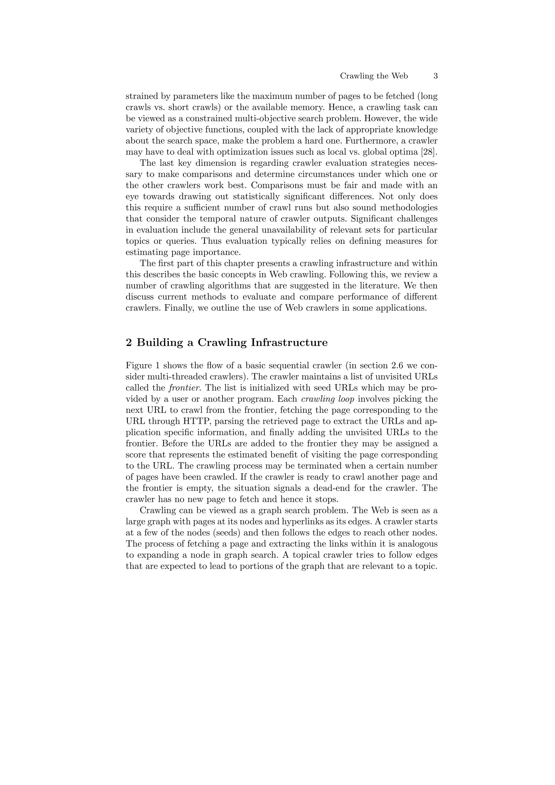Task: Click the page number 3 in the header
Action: pyautogui.click(x=435, y=76)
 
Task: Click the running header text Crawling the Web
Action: pyautogui.click(x=374, y=76)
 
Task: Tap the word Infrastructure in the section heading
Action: pyautogui.click(x=289, y=343)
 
